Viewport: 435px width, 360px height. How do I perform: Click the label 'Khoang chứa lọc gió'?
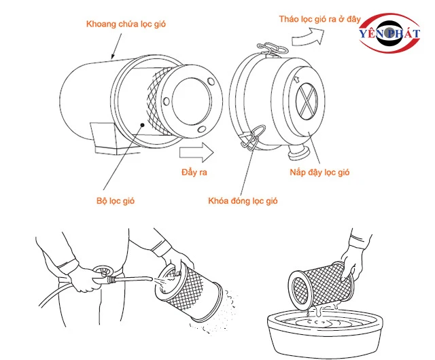coord(126,24)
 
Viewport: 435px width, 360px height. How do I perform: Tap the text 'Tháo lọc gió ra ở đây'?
coord(319,19)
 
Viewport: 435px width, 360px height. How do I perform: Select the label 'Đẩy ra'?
coord(194,173)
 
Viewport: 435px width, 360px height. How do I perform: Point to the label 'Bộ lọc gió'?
coord(116,201)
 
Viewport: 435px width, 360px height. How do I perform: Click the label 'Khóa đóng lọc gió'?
coord(243,201)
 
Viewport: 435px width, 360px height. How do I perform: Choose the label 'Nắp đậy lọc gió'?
coord(319,173)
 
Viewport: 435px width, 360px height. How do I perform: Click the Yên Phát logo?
coord(389,33)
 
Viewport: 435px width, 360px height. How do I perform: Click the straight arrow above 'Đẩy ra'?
coord(196,152)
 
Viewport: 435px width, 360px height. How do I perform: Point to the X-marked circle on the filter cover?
coord(306,101)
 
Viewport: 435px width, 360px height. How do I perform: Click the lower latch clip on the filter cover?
coord(253,138)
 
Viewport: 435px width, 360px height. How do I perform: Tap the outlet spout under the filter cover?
coord(298,153)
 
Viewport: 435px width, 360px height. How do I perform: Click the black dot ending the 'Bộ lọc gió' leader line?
coord(142,125)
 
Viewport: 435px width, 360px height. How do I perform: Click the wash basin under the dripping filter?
coord(325,334)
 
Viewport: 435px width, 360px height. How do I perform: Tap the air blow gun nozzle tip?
coord(151,278)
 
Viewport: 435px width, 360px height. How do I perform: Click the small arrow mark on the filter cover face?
coord(296,79)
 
